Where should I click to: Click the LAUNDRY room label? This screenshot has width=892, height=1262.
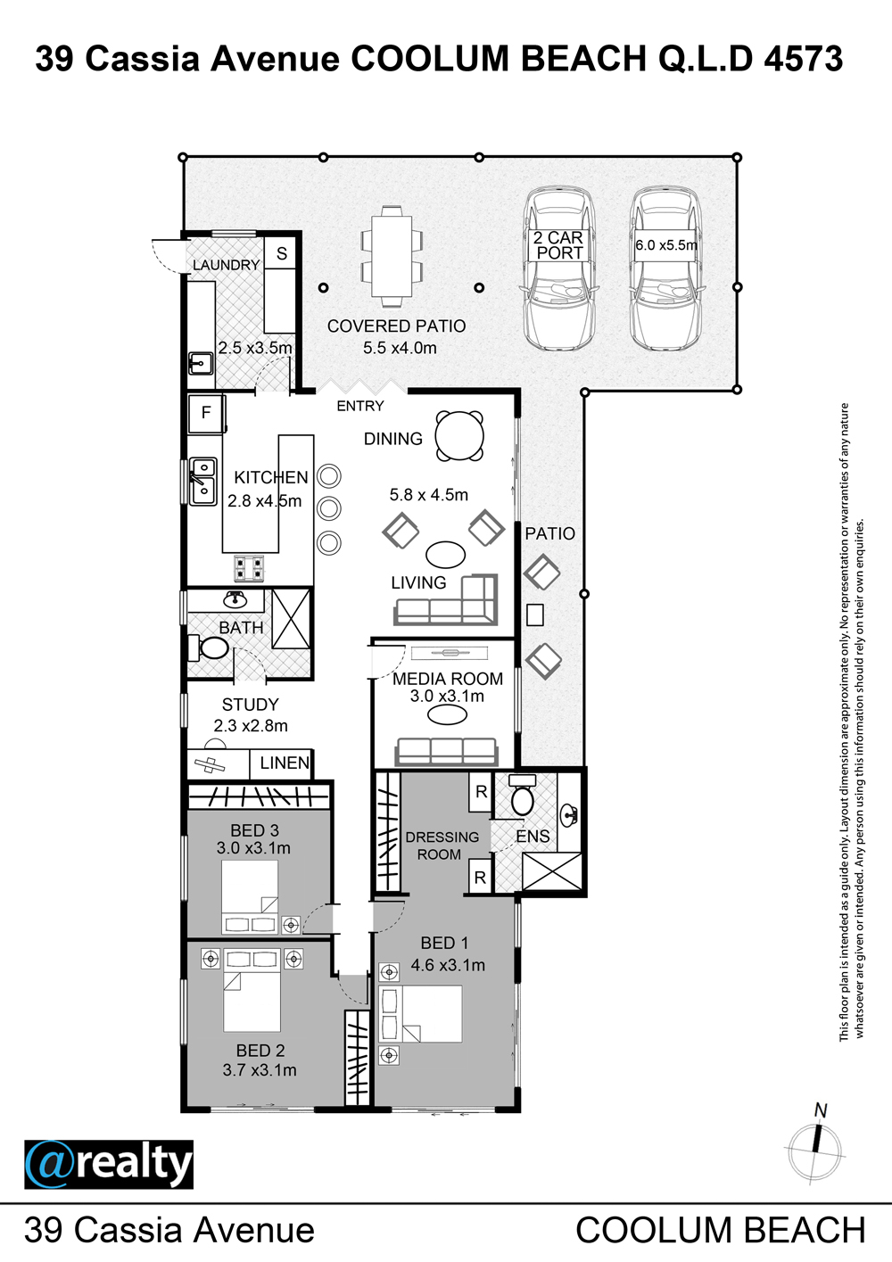226,265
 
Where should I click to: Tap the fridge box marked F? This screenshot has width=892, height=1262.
206,413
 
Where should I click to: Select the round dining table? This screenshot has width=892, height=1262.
459,436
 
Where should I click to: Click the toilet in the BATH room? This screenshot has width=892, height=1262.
209,647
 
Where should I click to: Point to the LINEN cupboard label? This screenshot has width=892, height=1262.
285,763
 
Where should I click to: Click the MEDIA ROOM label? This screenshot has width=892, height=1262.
448,679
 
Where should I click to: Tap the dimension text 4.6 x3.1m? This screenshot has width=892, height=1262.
448,965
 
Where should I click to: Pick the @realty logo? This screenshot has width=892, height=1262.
109,1165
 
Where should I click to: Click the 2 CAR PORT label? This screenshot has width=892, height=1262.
558,245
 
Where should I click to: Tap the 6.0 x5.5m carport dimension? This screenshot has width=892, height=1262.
666,245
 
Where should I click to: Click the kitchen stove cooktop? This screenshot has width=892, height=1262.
249,568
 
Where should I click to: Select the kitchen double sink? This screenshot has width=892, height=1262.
202,481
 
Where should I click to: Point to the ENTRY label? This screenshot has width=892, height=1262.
360,406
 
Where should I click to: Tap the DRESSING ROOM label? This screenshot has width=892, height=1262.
442,845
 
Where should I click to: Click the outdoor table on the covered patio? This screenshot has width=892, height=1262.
391,256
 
